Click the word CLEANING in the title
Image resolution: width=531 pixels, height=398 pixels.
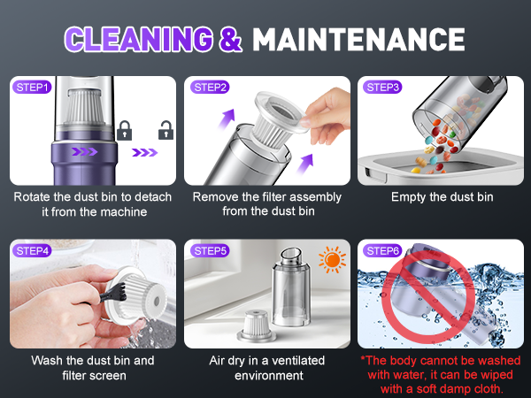[139, 39]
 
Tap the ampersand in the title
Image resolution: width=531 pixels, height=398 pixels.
[229, 39]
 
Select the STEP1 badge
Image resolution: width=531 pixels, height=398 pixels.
[34, 87]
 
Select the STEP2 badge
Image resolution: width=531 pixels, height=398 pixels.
[210, 87]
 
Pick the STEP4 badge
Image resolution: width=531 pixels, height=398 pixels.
[34, 251]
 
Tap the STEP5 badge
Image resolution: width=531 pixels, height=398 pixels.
[210, 251]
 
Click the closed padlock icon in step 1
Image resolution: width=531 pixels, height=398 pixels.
[125, 132]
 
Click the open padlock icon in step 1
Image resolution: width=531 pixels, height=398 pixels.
[164, 132]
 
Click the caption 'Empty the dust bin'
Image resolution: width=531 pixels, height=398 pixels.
[442, 196]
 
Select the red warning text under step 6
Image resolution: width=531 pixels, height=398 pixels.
[442, 374]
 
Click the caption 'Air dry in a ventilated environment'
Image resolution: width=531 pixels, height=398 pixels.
[266, 367]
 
